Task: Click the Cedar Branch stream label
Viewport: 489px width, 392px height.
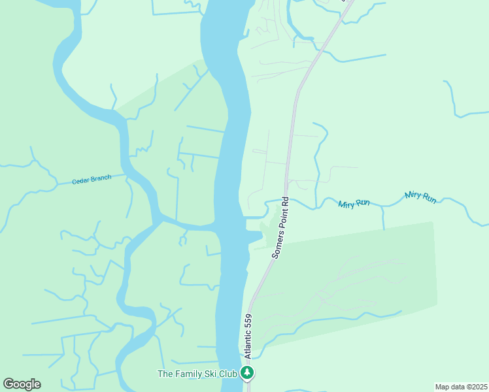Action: pos(92,179)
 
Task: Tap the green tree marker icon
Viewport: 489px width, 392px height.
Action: pos(247,374)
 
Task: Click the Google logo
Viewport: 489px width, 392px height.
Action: pos(22,384)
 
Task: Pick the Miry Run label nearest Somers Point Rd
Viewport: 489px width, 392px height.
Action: pos(354,204)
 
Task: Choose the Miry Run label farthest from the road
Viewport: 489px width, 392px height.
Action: pos(420,196)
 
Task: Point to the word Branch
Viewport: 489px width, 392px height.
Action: pos(101,178)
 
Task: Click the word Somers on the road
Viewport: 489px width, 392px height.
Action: pos(277,246)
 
